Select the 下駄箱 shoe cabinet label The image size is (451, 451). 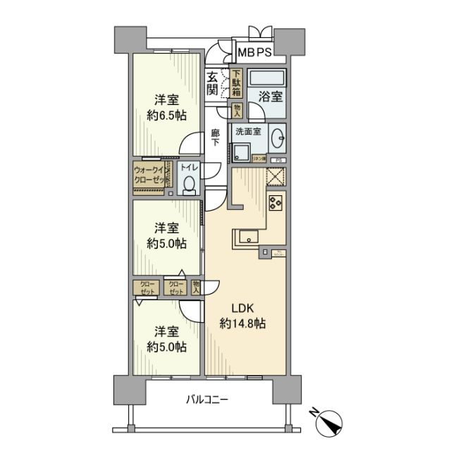point(237,83)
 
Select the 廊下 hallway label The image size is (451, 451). point(215,137)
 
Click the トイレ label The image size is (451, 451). point(188,168)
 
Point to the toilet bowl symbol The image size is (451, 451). point(188,184)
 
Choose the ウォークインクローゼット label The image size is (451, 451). point(150,175)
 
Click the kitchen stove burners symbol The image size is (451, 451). point(274,203)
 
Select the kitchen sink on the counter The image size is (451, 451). point(248,237)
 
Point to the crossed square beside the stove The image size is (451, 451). point(274,177)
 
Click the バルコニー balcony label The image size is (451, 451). point(206,400)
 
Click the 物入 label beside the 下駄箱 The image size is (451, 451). point(237,109)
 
